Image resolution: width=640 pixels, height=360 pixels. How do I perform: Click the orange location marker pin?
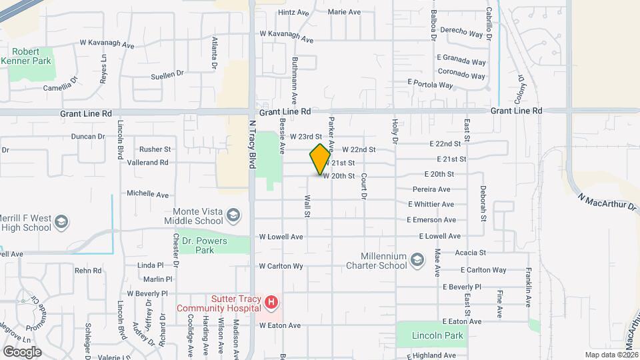(320, 159)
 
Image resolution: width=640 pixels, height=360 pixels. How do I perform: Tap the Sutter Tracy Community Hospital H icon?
(271, 303)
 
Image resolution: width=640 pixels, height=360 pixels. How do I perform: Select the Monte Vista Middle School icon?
(233, 215)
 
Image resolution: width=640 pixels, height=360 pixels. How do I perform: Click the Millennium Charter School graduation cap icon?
(417, 259)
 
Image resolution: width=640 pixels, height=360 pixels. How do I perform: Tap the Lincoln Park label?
(437, 335)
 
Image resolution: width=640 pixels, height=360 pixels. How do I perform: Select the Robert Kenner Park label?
(31, 55)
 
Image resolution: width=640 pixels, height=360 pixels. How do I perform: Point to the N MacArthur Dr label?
(607, 203)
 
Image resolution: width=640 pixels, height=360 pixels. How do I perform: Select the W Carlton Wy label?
(281, 266)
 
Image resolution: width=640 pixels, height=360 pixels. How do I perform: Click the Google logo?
(22, 351)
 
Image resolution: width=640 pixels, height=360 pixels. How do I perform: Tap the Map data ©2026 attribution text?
(611, 355)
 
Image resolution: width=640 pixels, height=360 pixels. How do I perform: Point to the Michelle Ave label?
(148, 194)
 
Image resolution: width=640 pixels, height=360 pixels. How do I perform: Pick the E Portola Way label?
(430, 85)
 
